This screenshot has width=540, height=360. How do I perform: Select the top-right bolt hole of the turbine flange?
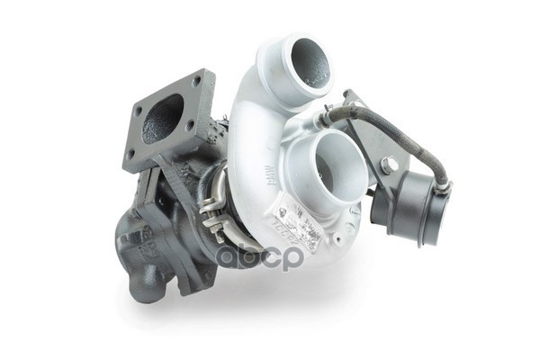(x=197, y=82)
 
